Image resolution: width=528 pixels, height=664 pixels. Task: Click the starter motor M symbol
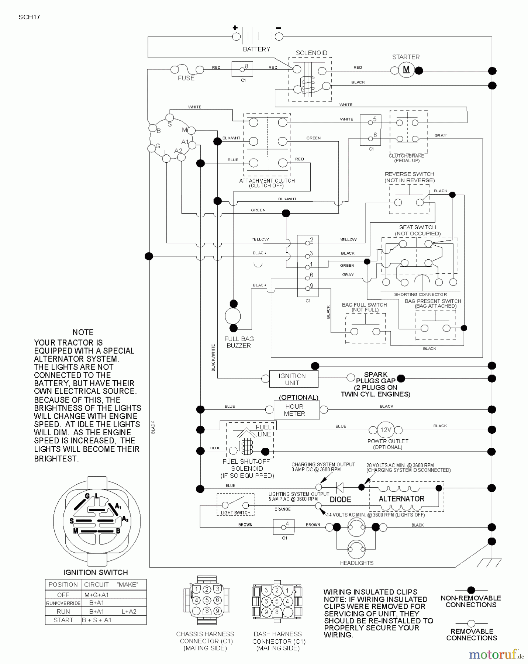pos(406,70)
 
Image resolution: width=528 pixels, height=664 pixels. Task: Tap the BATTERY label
pos(256,49)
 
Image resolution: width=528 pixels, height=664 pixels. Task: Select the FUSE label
pos(186,78)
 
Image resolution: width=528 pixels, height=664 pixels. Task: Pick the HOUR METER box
pos(296,410)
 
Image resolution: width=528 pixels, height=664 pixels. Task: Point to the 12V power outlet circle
pos(386,430)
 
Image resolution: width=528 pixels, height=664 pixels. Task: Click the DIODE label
pos(340,499)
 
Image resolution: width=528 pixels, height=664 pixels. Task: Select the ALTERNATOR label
pos(401,499)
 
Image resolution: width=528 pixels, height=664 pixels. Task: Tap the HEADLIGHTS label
pos(356,563)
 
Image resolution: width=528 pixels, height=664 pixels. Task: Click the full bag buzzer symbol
pos(233,316)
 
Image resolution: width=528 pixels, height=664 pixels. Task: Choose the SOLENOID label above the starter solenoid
pos(311,53)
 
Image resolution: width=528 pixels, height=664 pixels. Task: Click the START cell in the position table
pos(63,620)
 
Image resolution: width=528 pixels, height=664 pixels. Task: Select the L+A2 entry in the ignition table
pos(129,611)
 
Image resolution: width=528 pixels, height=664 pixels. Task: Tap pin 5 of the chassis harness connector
pos(207,600)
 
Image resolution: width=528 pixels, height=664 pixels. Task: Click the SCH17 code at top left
pos(29,17)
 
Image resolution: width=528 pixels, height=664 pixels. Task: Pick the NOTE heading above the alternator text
pos(83,332)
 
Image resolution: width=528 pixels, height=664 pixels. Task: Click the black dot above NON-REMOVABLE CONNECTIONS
pos(471,590)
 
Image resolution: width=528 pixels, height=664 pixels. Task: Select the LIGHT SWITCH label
pos(235,513)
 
